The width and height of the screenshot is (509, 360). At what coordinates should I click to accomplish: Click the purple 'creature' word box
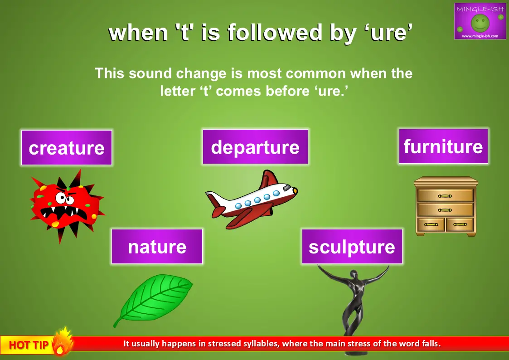pos(67,148)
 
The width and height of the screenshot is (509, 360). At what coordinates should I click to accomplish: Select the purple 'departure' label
pos(255,147)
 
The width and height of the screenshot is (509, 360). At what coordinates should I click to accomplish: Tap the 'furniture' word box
pos(443,146)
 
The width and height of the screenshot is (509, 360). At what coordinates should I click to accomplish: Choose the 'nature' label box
pos(157,246)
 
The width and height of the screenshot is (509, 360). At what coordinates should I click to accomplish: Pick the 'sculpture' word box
pos(352,246)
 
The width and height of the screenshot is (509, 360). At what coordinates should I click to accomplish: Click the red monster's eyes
pos(64,198)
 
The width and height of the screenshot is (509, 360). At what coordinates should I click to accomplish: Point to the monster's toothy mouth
pos(63,213)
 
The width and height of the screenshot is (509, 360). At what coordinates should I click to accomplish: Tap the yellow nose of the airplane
pos(295,191)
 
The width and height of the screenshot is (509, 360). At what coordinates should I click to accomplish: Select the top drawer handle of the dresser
pos(445,196)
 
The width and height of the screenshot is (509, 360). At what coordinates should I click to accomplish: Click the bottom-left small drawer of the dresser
pos(431,224)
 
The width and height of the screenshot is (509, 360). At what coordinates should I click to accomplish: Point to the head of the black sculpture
pos(354,274)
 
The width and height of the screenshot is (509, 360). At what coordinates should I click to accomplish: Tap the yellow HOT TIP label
pos(28,345)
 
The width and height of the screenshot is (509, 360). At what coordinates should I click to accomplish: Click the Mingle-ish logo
pos(480,21)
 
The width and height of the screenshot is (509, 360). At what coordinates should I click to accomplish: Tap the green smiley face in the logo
pos(480,22)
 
